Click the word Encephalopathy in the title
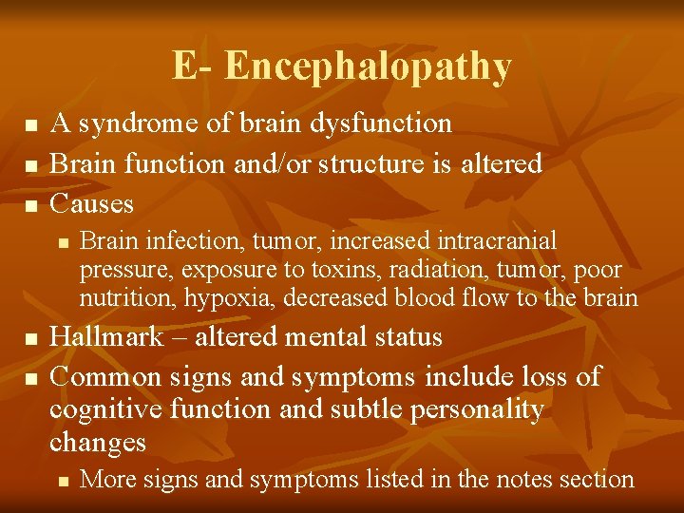(x=369, y=66)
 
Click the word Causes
(x=92, y=203)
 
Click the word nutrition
(x=121, y=297)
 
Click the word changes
(x=98, y=443)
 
